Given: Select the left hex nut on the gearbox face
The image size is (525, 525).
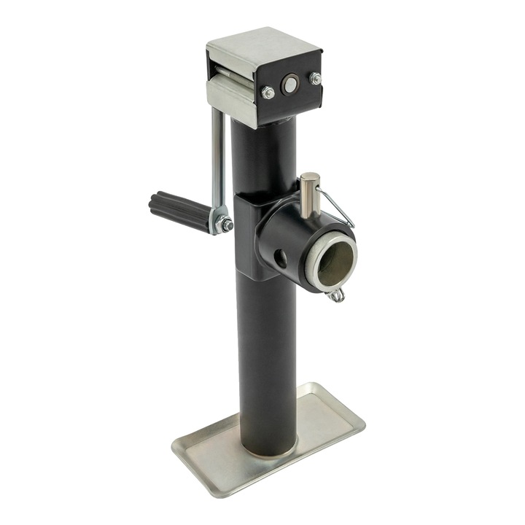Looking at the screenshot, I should coord(268,93).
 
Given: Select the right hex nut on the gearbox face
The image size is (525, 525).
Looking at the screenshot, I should coord(315,78).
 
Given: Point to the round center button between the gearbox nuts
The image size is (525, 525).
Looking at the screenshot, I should coord(291,85).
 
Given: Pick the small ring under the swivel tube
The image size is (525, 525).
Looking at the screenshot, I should coord(335,295).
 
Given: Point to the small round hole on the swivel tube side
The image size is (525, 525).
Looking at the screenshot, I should coord(281,257).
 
